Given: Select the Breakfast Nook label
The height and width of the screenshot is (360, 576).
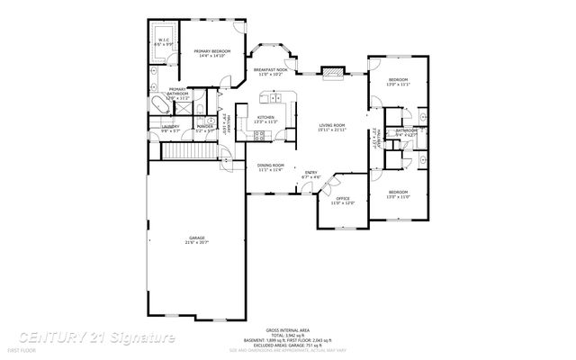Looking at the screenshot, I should click(269, 72).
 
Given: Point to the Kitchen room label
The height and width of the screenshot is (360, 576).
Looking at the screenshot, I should click(265, 120).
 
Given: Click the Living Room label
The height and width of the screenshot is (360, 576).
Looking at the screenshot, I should click(331, 128).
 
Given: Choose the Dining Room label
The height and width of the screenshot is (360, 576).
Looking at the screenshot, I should click(270, 167).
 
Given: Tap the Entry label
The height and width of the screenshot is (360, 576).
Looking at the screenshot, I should click(310, 175).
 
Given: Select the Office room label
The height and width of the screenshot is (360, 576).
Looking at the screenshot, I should click(343, 201).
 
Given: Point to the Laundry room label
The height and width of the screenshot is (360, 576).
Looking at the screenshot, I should click(170, 130).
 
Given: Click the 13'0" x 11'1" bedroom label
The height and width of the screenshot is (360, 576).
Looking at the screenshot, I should click(399, 83).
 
